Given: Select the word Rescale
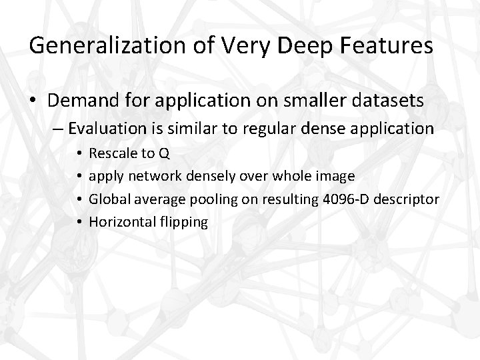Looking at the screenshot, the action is (x=111, y=154).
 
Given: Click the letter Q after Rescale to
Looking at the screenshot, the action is (x=164, y=154).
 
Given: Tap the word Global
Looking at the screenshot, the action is (x=107, y=199).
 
